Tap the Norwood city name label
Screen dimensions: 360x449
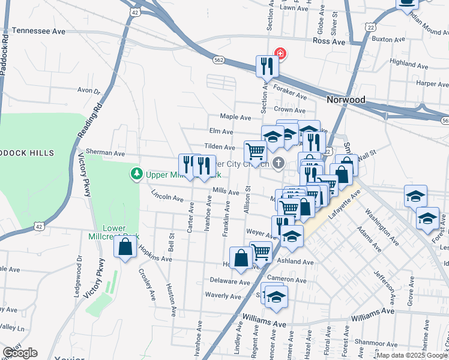[x=346, y=99]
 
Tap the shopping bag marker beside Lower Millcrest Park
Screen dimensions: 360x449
[x=125, y=248]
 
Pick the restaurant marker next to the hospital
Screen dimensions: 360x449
[x=265, y=66]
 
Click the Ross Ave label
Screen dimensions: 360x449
[x=329, y=41]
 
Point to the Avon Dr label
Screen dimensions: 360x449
[x=88, y=91]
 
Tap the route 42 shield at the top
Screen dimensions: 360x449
[x=135, y=12]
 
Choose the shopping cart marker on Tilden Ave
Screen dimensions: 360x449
[x=255, y=151]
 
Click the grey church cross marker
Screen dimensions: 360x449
[x=278, y=163]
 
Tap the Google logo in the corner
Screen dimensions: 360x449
[x=20, y=353]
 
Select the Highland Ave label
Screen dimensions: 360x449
[x=407, y=62]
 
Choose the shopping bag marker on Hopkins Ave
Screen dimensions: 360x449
[x=241, y=258]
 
